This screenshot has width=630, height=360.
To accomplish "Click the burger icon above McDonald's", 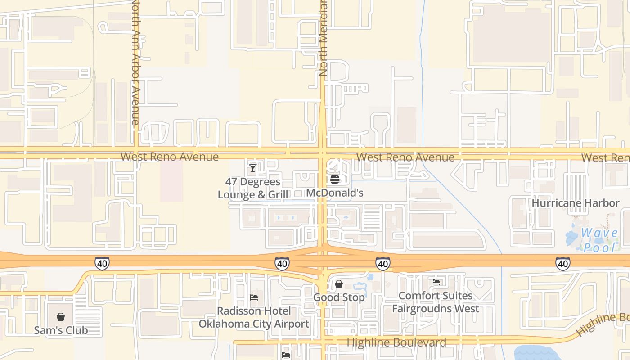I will tap(334, 180).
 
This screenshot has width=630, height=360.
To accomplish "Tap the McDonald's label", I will tap(334, 193).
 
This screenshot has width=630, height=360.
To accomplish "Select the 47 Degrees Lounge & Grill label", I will tap(253, 189).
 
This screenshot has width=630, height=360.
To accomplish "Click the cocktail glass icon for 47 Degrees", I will tap(252, 168).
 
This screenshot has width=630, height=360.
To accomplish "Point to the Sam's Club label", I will tap(61, 330).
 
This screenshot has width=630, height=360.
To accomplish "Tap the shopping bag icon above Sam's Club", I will tap(61, 317).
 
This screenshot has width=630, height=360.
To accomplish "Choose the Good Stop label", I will tap(339, 297).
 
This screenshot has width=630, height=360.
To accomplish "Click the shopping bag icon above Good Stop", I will tap(339, 284).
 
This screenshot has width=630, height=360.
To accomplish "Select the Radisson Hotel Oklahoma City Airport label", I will tap(254, 317).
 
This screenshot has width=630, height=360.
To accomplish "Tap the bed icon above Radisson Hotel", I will tap(254, 297).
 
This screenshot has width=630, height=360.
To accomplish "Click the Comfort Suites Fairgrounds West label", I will tap(436, 302).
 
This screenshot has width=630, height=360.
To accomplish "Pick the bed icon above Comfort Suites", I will tap(436, 282).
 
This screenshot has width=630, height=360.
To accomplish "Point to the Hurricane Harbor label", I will tap(576, 203).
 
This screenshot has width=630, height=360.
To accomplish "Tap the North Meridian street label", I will tap(323, 38).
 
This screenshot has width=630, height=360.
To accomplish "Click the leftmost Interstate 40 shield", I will tap(102, 263).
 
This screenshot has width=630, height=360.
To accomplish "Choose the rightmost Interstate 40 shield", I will tap(562, 264).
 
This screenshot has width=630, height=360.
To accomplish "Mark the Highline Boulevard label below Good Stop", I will tap(396, 342).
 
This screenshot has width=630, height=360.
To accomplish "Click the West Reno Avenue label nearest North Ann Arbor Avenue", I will tap(169, 157).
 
